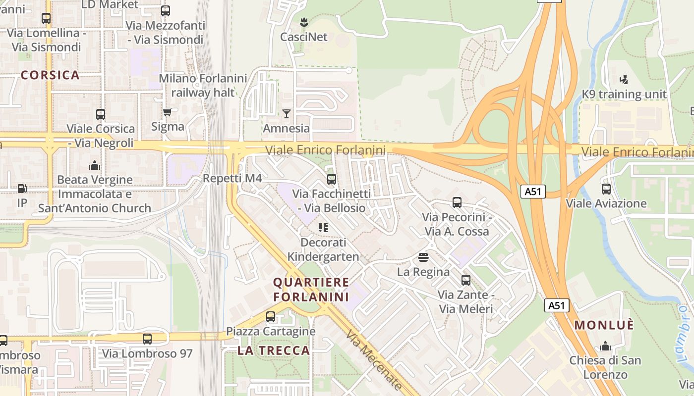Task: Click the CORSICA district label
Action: (x=50, y=75)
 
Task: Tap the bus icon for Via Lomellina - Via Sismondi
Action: (x=46, y=18)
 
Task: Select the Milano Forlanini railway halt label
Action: (x=203, y=85)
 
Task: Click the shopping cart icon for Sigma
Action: (x=168, y=112)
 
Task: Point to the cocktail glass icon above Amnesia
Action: (x=287, y=114)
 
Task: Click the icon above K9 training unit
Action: (x=624, y=79)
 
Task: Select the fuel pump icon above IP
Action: (x=22, y=189)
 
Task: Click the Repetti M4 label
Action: (x=232, y=178)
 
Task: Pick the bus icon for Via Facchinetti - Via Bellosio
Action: (x=332, y=179)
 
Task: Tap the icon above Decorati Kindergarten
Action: (x=323, y=228)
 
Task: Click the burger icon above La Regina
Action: (x=423, y=257)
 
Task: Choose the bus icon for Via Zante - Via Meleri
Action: (x=465, y=280)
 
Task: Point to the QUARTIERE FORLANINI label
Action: (x=311, y=290)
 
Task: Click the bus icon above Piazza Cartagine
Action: (x=271, y=317)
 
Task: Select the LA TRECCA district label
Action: (x=274, y=350)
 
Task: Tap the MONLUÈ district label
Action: (x=604, y=325)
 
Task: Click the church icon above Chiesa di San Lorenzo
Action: (x=605, y=346)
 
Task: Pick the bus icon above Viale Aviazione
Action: (x=606, y=189)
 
